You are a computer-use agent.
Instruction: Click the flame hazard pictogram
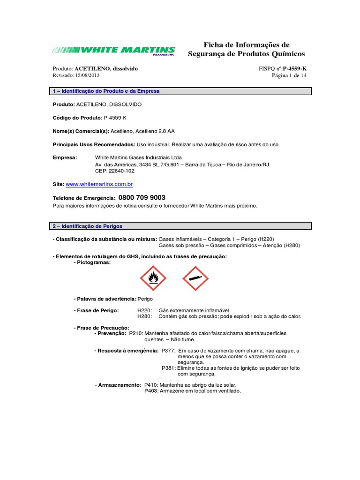click(x=153, y=278)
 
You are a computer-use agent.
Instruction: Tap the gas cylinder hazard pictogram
click(x=195, y=278)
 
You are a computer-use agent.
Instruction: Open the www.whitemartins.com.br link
click(x=99, y=185)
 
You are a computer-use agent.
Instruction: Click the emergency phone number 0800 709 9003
click(x=142, y=198)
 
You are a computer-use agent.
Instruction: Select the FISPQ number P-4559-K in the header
click(x=295, y=68)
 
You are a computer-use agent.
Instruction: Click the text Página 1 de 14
click(x=289, y=75)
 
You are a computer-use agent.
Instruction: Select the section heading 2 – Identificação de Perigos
click(x=88, y=226)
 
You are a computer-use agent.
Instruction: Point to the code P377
click(x=168, y=351)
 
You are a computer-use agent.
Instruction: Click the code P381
click(x=168, y=368)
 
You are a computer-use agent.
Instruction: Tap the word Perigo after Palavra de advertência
click(x=145, y=299)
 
